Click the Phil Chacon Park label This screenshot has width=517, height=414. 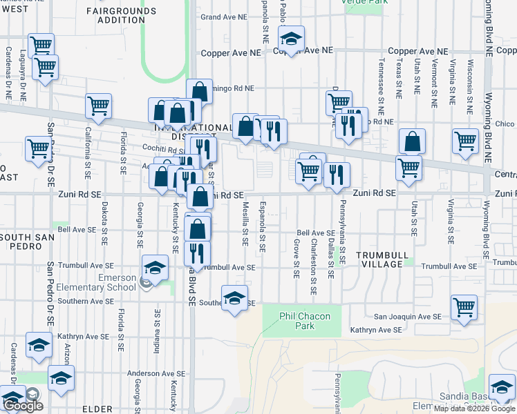click(x=305, y=321)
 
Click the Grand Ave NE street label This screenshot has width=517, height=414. click(x=220, y=17)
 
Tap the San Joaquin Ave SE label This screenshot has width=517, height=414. click(x=407, y=316)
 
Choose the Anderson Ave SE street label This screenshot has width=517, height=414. click(x=157, y=373)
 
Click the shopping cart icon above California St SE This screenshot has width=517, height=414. click(x=99, y=106)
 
